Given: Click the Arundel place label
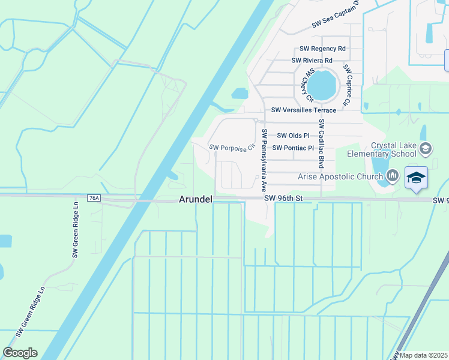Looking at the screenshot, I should click(x=195, y=199).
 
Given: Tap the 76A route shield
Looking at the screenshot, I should click(x=94, y=198).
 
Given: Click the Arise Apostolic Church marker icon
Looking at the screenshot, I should click(x=393, y=176).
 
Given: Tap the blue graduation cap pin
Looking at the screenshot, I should click(x=416, y=178).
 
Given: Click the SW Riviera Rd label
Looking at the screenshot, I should click(x=312, y=61).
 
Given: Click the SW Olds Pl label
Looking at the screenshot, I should click(x=293, y=136).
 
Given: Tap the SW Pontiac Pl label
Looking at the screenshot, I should click(x=293, y=148).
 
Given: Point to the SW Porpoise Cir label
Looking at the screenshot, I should click(x=232, y=147).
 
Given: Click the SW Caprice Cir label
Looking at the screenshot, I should click(x=346, y=86).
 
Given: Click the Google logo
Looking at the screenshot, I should click(x=20, y=353).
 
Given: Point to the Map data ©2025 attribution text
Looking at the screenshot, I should click(x=423, y=355).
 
